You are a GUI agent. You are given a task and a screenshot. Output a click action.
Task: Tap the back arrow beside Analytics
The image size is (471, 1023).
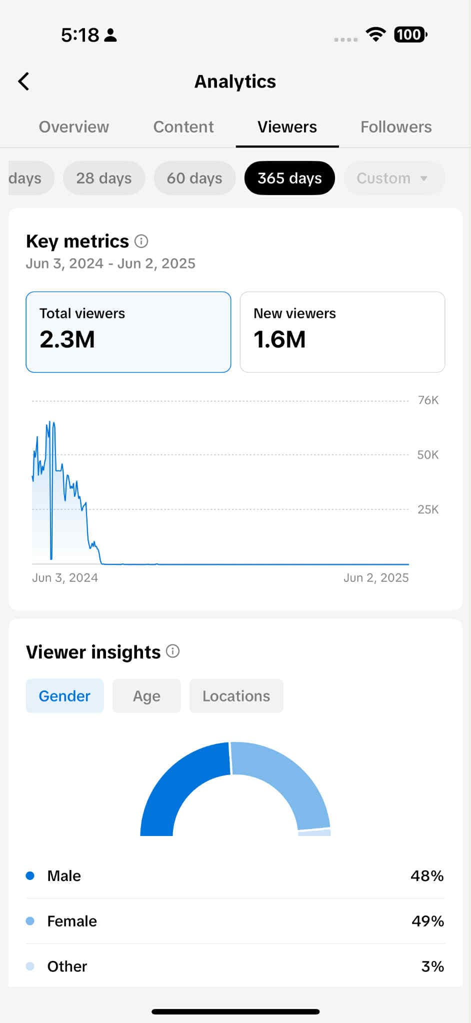coord(23,81)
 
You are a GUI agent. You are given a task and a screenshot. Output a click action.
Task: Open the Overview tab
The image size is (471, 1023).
coord(74,127)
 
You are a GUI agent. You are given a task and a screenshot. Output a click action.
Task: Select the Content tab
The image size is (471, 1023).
coord(183,127)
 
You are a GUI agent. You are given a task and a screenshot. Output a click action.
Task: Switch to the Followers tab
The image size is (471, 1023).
coord(396,127)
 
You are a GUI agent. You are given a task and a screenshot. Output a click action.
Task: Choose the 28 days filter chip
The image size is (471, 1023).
coord(104,178)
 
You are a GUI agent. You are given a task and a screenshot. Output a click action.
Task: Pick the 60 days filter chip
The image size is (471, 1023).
coord(194,178)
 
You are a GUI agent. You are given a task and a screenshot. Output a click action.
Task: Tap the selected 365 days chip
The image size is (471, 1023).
coord(289,178)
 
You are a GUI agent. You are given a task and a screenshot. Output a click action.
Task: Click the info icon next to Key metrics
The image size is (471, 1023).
coord(141,241)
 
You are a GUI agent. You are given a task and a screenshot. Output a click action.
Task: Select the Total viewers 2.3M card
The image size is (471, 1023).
coord(128,332)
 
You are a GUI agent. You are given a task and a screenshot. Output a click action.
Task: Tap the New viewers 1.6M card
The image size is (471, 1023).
coord(342,332)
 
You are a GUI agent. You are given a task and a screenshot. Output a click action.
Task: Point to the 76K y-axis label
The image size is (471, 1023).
coord(428,400)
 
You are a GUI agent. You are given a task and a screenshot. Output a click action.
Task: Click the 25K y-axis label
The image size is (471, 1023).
coord(428,509)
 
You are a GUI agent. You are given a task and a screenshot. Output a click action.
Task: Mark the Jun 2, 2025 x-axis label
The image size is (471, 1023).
coord(376,578)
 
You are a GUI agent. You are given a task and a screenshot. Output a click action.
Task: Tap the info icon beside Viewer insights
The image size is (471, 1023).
coord(172,651)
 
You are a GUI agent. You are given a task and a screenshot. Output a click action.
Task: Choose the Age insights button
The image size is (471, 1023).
coord(146,696)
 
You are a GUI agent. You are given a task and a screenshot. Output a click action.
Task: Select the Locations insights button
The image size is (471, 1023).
coord(236,696)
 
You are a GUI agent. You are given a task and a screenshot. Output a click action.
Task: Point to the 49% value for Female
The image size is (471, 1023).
coord(427,921)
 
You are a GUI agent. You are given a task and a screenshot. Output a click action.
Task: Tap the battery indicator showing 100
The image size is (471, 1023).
coord(410,34)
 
